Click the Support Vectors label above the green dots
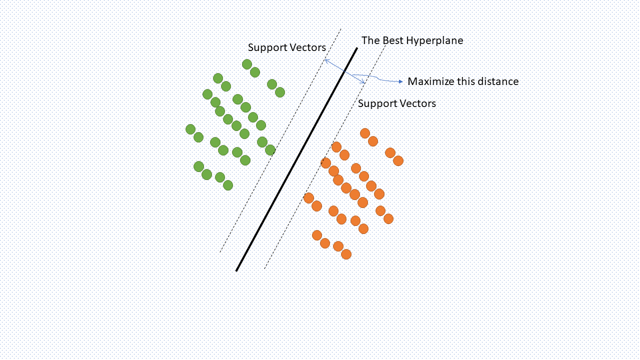pyautogui.click(x=286, y=47)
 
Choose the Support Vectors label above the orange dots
pyautogui.click(x=396, y=103)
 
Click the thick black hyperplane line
pyautogui.click(x=296, y=160)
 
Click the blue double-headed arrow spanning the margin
pyautogui.click(x=344, y=72)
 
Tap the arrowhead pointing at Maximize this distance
pyautogui.click(x=400, y=81)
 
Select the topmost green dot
pyautogui.click(x=247, y=64)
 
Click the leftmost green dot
pyautogui.click(x=190, y=129)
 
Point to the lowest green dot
pyautogui.click(x=228, y=185)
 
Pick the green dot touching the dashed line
pyautogui.click(x=270, y=150)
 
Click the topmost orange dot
pyautogui.click(x=365, y=133)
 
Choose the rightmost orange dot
pyautogui.click(x=398, y=161)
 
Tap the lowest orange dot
pyautogui.click(x=346, y=254)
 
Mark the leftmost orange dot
pyautogui.click(x=308, y=198)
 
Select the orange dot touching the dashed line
pyautogui.click(x=325, y=163)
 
